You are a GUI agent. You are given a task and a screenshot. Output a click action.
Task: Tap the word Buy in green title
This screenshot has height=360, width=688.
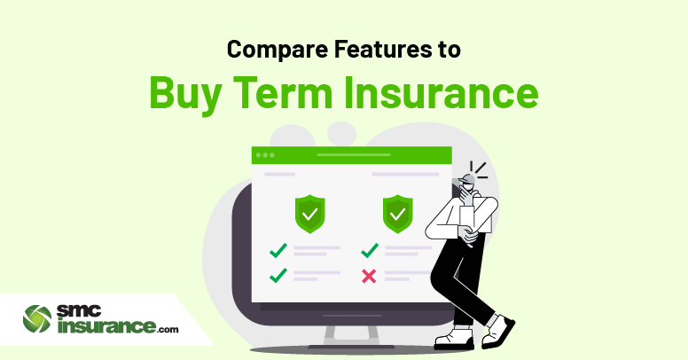point(185,94)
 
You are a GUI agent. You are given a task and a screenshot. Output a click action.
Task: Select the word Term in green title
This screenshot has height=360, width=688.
point(283,92)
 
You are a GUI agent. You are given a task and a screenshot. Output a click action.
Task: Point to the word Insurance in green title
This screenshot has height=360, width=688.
point(441,92)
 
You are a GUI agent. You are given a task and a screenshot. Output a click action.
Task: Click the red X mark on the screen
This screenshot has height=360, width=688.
point(369,276)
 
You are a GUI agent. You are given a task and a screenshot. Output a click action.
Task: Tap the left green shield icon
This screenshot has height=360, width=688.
point(310,214)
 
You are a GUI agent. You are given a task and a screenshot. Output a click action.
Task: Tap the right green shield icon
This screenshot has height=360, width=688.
point(397,214)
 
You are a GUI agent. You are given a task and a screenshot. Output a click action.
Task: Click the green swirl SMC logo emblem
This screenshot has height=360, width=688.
point(37,318)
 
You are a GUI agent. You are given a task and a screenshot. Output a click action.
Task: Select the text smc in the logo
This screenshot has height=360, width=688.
point(79,311)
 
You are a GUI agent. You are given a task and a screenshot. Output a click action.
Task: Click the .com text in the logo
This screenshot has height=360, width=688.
point(168,329)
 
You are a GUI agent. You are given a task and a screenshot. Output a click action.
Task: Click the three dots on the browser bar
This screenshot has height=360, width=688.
point(265,155)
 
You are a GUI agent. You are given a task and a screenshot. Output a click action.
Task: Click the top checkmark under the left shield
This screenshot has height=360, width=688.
point(278,250)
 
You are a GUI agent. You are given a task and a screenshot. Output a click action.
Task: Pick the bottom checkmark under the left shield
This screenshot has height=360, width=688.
point(278,275)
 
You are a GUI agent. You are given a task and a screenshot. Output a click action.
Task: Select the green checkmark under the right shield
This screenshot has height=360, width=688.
point(370,250)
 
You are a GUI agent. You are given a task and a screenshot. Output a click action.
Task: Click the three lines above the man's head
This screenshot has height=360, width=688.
point(479,170)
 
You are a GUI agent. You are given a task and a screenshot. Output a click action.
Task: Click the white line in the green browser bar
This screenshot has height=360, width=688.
point(354,155)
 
